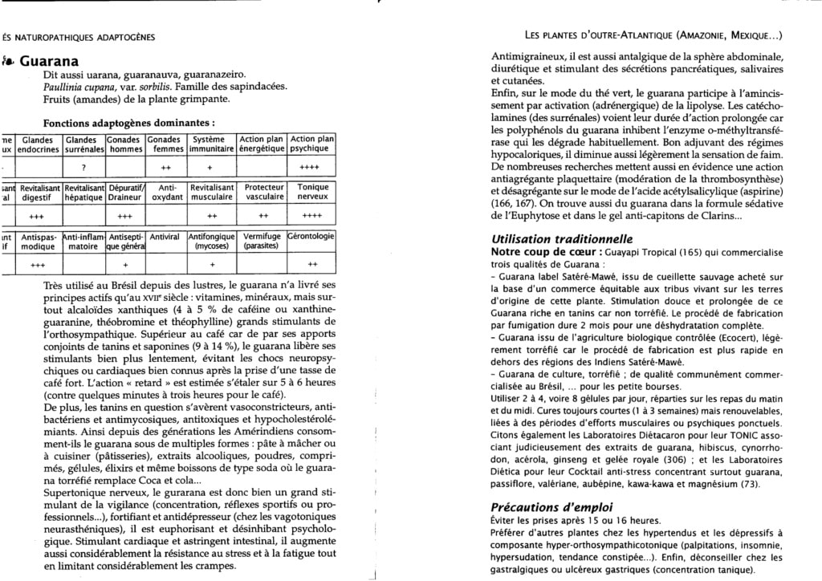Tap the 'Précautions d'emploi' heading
coord(551,507)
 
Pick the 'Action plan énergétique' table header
coord(262,144)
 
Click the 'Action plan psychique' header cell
coord(312,144)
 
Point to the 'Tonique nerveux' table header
coord(312,192)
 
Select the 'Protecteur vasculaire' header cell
coord(264,192)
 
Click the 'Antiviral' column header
coord(165,237)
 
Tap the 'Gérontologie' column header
coord(311,237)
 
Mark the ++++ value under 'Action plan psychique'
coord(312,167)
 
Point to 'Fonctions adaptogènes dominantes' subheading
coord(128,124)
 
